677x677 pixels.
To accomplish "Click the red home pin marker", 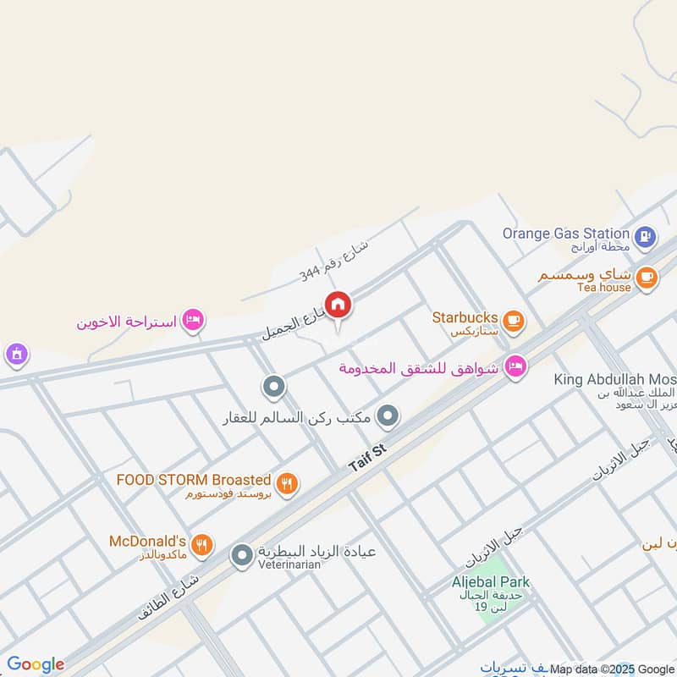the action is tap(338, 305).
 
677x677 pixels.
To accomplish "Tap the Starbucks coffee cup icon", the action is tap(513, 320).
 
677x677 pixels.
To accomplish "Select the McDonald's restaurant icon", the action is tap(201, 545).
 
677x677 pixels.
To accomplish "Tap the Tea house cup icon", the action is tap(646, 278).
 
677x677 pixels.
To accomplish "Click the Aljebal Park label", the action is tap(490, 581).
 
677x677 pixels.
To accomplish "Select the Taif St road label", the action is tap(367, 456).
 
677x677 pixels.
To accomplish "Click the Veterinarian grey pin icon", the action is tap(242, 555).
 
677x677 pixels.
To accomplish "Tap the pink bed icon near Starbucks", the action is tap(514, 367).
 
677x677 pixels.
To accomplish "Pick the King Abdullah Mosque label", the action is tap(615, 380).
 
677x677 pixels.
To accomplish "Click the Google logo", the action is tap(35, 664).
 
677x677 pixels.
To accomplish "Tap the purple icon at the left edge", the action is tap(14, 354).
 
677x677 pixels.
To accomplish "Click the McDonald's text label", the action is tap(147, 541).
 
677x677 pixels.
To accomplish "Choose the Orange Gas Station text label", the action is tap(565, 233).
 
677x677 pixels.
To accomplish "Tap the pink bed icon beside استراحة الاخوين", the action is tap(193, 319).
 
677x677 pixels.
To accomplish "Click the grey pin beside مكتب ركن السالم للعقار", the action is tap(388, 416).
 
